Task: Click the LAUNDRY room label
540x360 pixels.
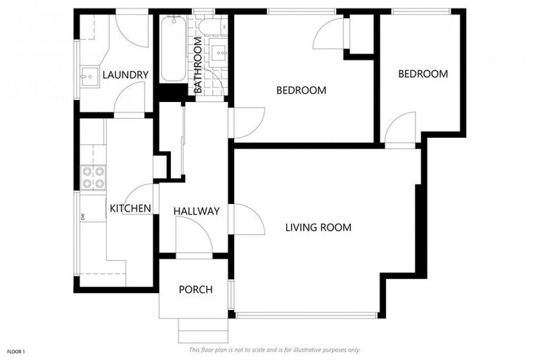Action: click(125, 75)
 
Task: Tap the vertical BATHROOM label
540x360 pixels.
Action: click(198, 65)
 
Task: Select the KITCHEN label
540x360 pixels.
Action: click(130, 208)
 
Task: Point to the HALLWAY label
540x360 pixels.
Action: click(196, 211)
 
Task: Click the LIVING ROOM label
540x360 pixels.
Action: click(318, 227)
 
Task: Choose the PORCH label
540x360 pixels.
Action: click(195, 289)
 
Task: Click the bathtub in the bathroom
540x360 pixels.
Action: click(172, 49)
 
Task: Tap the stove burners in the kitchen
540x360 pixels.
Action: click(94, 178)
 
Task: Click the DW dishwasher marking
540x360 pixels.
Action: click(83, 216)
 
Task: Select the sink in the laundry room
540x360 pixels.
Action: click(89, 73)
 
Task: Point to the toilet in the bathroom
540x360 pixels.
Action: click(210, 27)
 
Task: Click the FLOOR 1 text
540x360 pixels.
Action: click(16, 350)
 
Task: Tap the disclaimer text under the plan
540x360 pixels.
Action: click(274, 349)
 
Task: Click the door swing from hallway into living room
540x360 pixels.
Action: click(247, 219)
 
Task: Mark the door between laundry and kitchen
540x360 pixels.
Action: click(130, 101)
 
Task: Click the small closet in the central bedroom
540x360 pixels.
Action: click(361, 34)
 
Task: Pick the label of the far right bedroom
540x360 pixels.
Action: click(423, 74)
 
